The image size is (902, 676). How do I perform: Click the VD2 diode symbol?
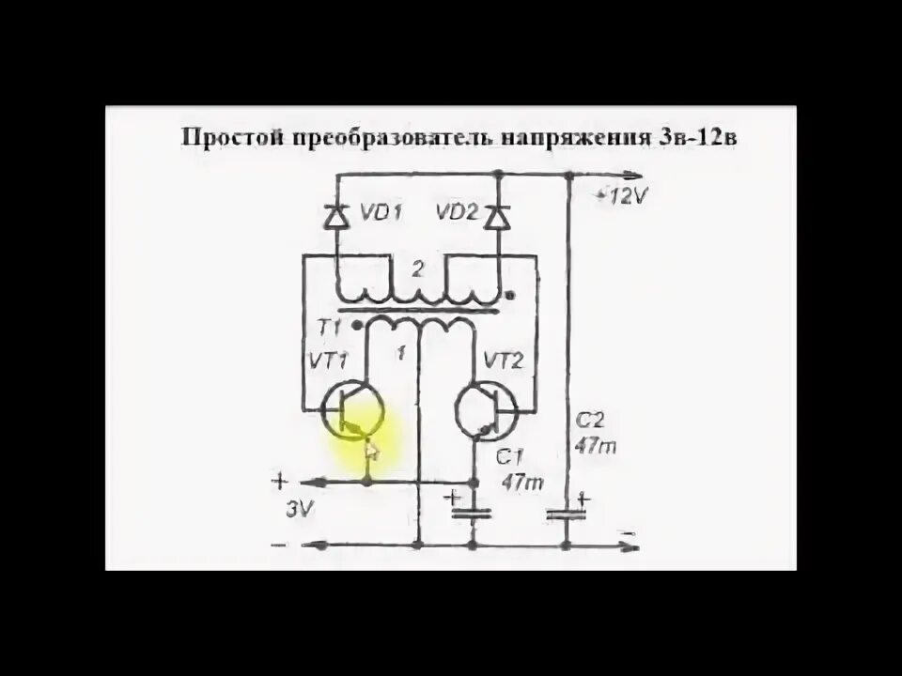497,217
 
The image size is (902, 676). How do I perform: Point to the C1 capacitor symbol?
472,512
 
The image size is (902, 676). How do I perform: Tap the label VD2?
456,213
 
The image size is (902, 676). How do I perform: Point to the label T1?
329,327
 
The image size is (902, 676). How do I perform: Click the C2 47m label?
595,435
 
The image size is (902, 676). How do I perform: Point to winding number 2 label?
418,269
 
